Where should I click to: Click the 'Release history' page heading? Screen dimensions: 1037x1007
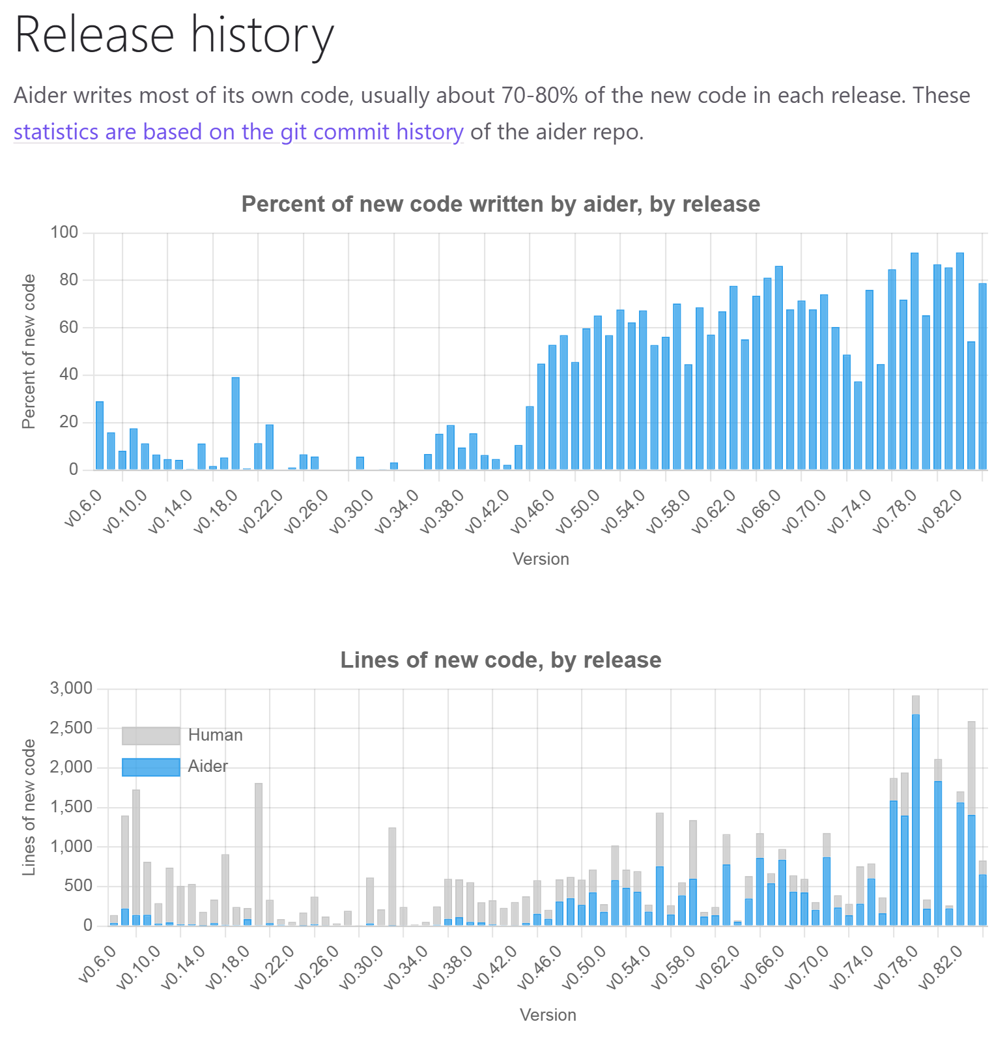(174, 35)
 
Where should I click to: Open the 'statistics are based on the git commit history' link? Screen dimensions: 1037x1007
(238, 132)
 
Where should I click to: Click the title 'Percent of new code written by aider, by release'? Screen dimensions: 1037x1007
(500, 205)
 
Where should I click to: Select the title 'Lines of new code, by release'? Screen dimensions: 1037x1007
(500, 661)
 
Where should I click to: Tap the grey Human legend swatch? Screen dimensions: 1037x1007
(150, 735)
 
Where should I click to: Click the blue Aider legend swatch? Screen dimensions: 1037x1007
(150, 767)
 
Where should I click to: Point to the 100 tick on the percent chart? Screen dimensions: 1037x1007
(64, 233)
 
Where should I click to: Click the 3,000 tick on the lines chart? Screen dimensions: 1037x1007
(71, 689)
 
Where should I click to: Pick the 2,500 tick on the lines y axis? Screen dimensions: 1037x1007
(71, 728)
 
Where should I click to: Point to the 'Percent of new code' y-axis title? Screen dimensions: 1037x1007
(28, 352)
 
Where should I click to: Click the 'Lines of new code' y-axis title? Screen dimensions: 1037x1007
(28, 808)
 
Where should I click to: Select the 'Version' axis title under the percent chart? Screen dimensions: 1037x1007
(541, 560)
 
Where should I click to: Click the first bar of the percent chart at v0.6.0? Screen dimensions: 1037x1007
(100, 436)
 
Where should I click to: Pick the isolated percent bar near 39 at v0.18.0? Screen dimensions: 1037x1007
(235, 423)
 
